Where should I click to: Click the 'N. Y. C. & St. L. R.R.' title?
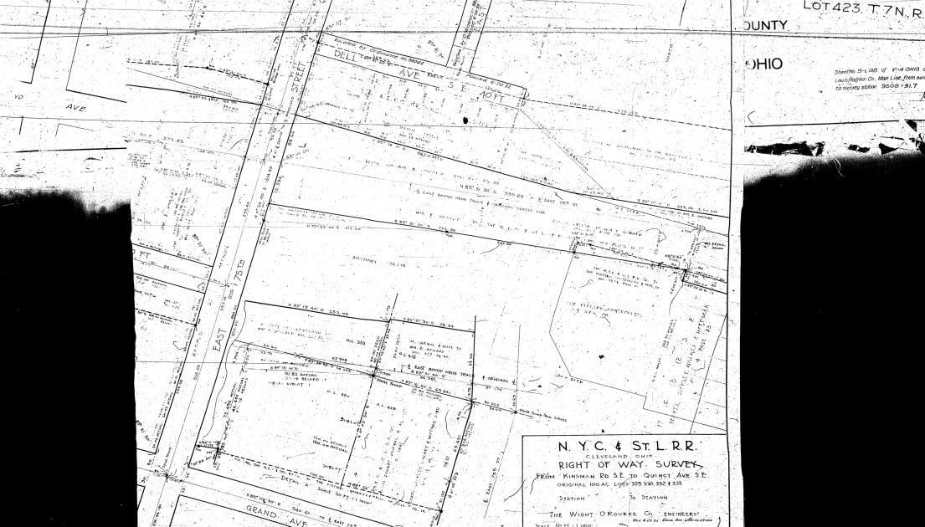623,446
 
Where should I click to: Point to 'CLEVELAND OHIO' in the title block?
621,456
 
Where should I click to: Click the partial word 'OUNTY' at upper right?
765,25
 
